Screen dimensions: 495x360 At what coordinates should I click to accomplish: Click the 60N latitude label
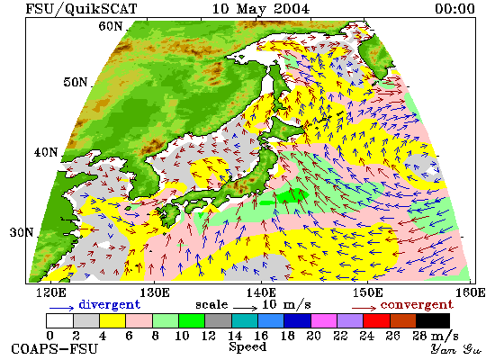pyautogui.click(x=110, y=26)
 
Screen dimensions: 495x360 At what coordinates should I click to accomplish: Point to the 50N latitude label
pyautogui.click(x=75, y=82)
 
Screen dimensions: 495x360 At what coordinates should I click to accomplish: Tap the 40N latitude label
pyautogui.click(x=46, y=152)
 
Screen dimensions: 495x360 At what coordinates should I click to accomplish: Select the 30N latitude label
pyautogui.click(x=22, y=233)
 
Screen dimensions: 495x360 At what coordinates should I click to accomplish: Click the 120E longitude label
pyautogui.click(x=50, y=292)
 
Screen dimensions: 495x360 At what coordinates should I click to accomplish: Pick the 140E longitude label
pyautogui.click(x=261, y=292)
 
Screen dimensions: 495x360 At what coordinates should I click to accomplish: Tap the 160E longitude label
pyautogui.click(x=470, y=292)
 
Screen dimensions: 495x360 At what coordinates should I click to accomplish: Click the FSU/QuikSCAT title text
pyautogui.click(x=81, y=9)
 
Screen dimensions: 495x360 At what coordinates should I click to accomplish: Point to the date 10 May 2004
pyautogui.click(x=261, y=9)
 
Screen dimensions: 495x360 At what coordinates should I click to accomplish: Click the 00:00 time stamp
pyautogui.click(x=454, y=9)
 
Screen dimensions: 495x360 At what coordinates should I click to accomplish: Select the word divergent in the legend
pyautogui.click(x=109, y=304)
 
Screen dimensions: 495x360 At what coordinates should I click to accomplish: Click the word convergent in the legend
pyautogui.click(x=417, y=305)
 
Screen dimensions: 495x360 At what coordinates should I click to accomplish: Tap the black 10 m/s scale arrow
pyautogui.click(x=246, y=307)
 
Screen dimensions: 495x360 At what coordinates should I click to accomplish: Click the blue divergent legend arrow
pyautogui.click(x=61, y=307)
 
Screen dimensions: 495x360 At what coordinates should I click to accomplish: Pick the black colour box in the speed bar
pyautogui.click(x=433, y=320)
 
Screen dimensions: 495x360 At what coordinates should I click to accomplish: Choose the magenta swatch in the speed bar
pyautogui.click(x=324, y=320)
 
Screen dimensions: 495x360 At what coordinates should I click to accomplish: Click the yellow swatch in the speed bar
pyautogui.click(x=112, y=320)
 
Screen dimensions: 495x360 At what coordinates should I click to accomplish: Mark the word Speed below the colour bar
pyautogui.click(x=247, y=347)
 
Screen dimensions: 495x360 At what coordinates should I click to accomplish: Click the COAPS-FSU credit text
pyautogui.click(x=54, y=349)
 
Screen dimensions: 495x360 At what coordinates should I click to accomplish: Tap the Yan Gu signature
pyautogui.click(x=456, y=349)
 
